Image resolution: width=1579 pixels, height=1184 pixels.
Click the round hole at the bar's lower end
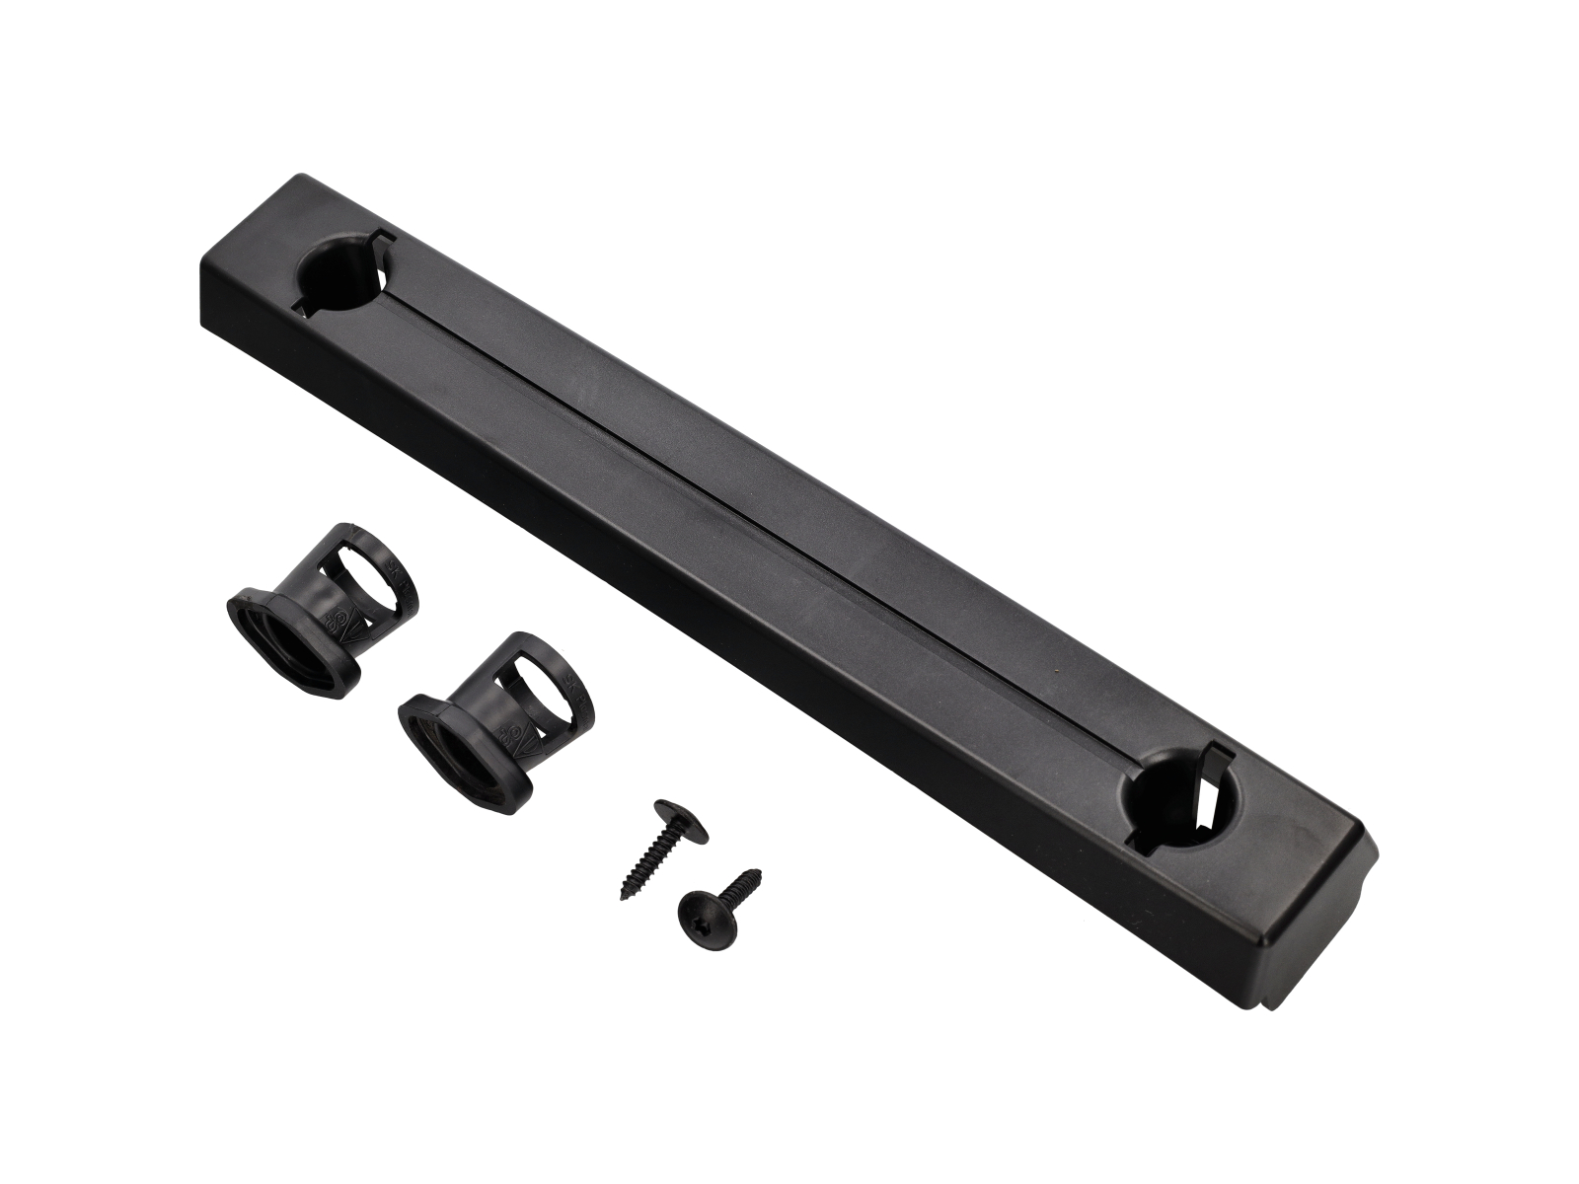(1174, 798)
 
